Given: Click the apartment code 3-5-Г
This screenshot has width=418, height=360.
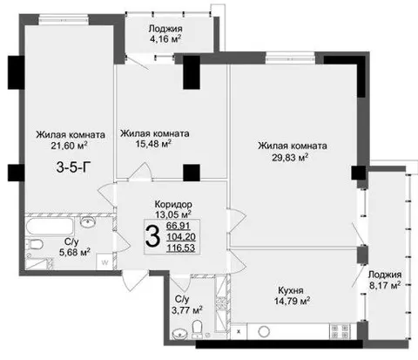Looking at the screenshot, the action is point(71,167).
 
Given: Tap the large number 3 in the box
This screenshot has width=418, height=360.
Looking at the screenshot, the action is point(152,236).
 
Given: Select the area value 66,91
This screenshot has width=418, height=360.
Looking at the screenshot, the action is point(179,226).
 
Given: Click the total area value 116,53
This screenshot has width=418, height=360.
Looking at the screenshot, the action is point(180,248).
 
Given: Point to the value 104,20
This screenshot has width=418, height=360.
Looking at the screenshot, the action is point(181,237).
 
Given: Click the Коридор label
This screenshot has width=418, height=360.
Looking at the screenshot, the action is point(173,204).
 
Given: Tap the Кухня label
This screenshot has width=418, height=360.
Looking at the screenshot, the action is point(291,290).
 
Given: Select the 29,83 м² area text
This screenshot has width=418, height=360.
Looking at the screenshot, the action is point(290,157).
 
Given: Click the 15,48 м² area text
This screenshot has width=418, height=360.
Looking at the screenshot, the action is point(153,143).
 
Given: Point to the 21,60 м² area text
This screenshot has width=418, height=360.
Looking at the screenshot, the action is point(69,145).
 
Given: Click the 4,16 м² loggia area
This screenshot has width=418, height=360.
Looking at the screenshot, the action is point(165,38).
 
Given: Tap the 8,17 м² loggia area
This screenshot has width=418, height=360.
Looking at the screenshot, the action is point(385,285).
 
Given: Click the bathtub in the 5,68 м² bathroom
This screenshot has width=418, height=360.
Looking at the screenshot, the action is point(50,228).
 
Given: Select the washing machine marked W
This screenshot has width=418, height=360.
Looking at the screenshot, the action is point(104,262).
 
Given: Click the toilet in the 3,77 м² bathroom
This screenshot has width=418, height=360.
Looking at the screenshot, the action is point(198,329).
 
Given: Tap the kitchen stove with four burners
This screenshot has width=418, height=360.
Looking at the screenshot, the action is point(340,331).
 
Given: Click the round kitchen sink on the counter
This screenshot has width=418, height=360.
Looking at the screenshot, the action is point(264,331).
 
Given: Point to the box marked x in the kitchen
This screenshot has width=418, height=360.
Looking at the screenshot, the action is point(239,331).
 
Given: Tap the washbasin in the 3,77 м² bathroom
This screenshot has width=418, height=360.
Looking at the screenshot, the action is point(179,334).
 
